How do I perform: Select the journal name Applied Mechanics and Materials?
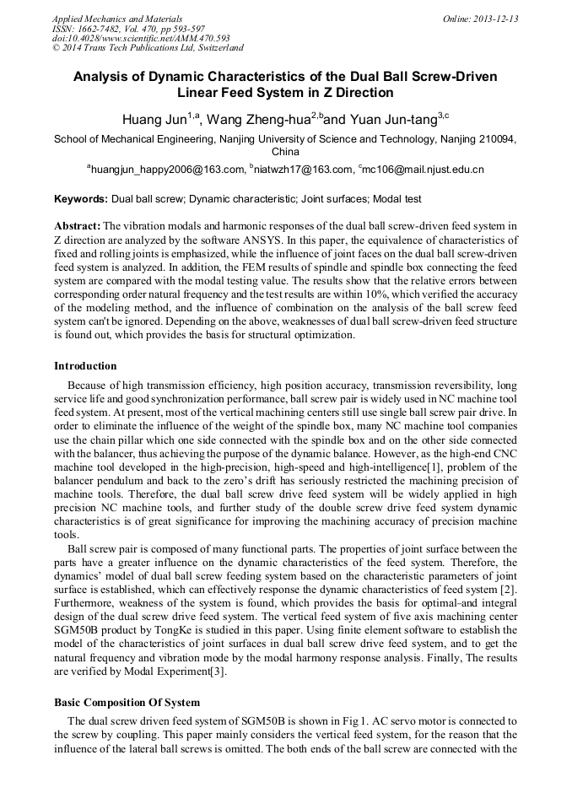(117, 19)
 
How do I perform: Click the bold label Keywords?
(81, 200)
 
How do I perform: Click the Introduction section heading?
(85, 366)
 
